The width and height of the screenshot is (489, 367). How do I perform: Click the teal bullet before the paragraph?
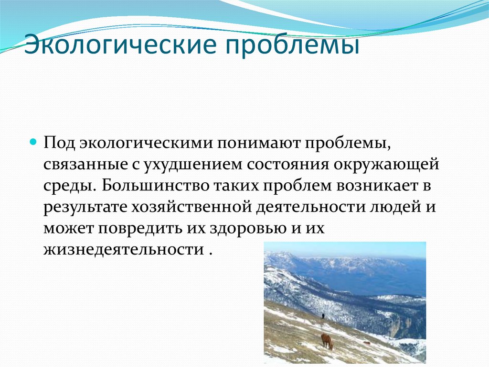click(33, 143)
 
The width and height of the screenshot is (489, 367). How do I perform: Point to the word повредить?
click(139, 228)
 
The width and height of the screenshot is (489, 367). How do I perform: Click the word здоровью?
click(251, 228)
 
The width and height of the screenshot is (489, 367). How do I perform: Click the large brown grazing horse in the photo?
click(327, 340)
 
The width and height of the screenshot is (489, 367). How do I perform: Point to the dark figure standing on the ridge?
click(323, 316)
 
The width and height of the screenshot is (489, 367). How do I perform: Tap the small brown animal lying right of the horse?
click(367, 343)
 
